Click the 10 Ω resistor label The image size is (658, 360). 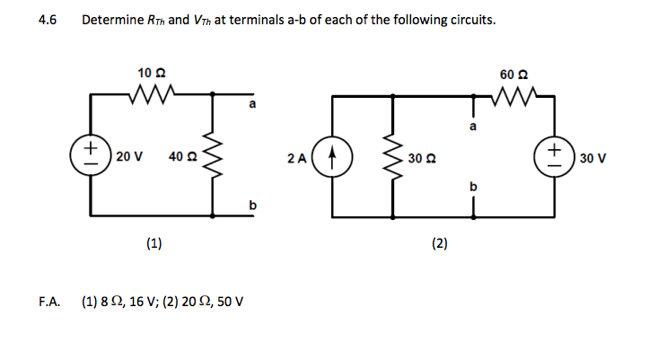click(x=151, y=71)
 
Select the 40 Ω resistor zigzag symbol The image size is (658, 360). click(x=214, y=156)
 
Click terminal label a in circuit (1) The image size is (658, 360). click(x=252, y=106)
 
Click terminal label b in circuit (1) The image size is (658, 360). click(x=252, y=206)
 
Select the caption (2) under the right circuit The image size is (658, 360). click(x=441, y=243)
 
